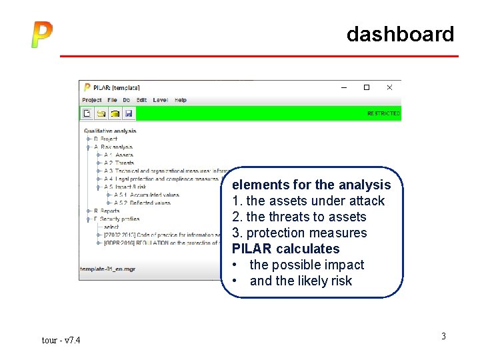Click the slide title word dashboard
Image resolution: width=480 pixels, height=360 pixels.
pyautogui.click(x=400, y=34)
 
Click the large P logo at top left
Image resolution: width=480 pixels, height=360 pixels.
pyautogui.click(x=41, y=35)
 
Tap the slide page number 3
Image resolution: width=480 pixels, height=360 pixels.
pyautogui.click(x=443, y=336)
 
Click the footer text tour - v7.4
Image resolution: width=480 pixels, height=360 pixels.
pyautogui.click(x=61, y=341)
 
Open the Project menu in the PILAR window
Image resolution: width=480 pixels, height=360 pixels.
pyautogui.click(x=92, y=100)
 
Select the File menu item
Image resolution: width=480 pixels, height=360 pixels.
pyautogui.click(x=112, y=100)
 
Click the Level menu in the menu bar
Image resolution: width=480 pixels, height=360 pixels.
pyautogui.click(x=160, y=100)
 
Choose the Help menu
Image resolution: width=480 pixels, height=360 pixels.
pyautogui.click(x=181, y=100)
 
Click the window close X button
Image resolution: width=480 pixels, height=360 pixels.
pyautogui.click(x=389, y=87)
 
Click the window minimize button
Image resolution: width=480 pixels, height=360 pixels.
pyautogui.click(x=344, y=87)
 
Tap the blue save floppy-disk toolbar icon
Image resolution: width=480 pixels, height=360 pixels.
pyautogui.click(x=129, y=113)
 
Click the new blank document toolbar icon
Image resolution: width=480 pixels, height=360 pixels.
pyautogui.click(x=87, y=113)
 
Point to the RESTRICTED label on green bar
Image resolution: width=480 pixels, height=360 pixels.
pyautogui.click(x=383, y=114)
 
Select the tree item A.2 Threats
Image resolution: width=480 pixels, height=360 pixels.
pyautogui.click(x=119, y=163)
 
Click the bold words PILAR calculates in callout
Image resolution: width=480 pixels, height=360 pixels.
pyautogui.click(x=285, y=249)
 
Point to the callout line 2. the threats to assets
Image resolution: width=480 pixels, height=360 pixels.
pyautogui.click(x=299, y=217)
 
